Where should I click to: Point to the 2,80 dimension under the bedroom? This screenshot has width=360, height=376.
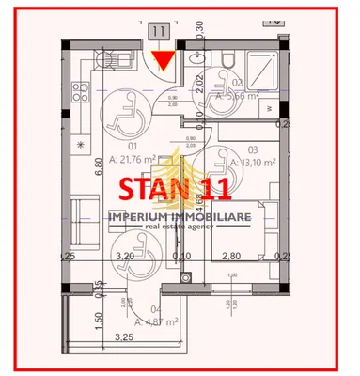(232, 256)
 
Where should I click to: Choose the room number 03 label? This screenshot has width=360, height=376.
(252, 149)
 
